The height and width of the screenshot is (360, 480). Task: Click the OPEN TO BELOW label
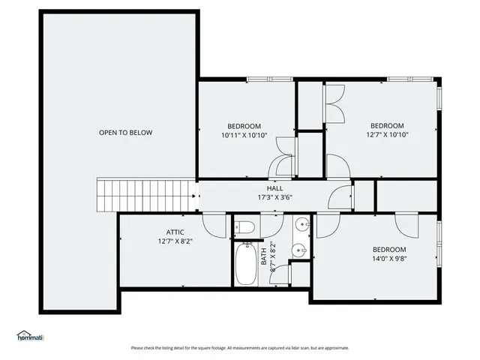click(125, 133)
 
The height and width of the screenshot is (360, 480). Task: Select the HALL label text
click(274, 188)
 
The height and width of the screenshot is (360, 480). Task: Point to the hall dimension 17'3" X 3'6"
click(274, 198)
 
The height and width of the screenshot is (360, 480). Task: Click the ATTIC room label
click(175, 232)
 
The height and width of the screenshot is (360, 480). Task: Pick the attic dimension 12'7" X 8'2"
click(175, 242)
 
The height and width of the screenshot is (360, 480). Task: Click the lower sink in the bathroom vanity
click(299, 251)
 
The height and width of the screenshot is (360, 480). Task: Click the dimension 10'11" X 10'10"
click(244, 136)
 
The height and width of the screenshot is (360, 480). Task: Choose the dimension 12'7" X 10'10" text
click(387, 136)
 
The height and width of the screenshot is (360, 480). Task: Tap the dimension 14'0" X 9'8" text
click(389, 259)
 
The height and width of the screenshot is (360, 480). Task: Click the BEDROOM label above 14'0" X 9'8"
click(389, 250)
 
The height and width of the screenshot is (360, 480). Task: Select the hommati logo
click(30, 336)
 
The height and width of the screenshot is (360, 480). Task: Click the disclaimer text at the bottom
click(240, 348)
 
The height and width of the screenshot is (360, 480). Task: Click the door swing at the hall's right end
click(341, 196)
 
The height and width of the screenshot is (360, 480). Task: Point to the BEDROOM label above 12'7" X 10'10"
click(387, 125)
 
